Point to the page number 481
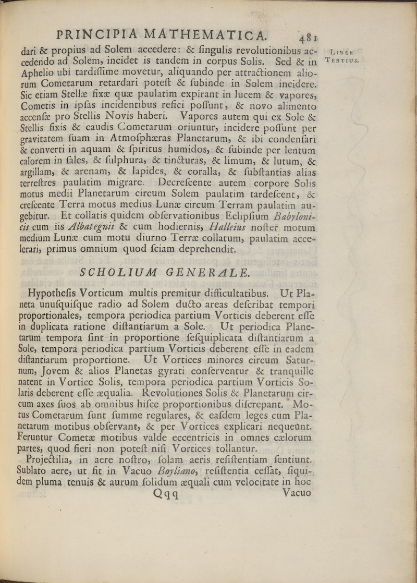309,37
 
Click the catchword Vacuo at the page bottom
296,493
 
